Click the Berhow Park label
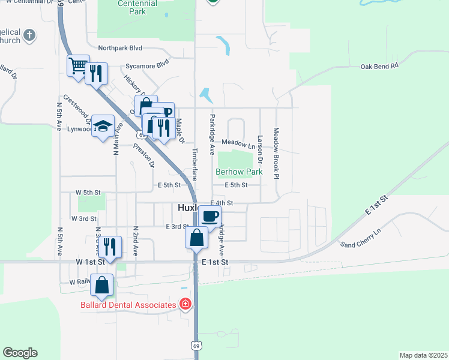coord(239,172)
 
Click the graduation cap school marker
coord(103,125)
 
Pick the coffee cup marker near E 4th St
coord(209,215)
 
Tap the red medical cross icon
coord(185,304)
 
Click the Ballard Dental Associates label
coord(128,305)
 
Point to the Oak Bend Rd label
coord(379,67)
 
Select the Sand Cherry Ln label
coord(360,238)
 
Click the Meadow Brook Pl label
coord(277,152)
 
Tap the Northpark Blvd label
coord(120,47)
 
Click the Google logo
coord(20,353)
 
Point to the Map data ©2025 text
coord(423,355)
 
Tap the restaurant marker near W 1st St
coord(110,247)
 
